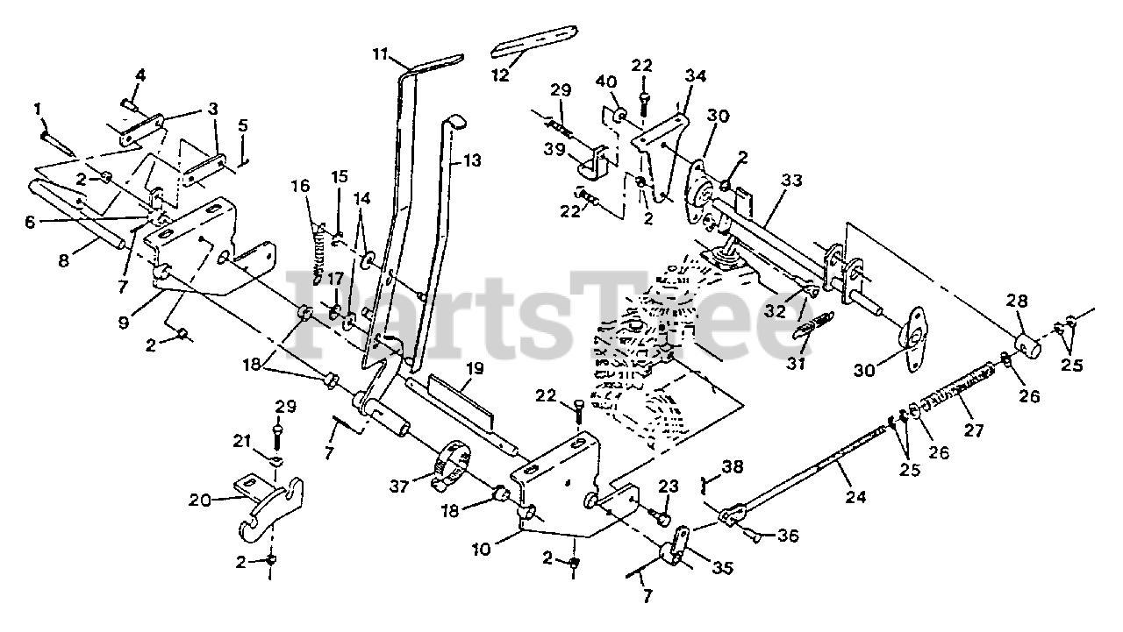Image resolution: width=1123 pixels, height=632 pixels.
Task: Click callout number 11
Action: (379, 54)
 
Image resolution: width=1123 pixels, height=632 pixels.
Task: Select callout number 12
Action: (499, 75)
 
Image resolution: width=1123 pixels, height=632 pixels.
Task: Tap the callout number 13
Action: (472, 161)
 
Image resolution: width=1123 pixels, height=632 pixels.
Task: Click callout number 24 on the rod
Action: (855, 497)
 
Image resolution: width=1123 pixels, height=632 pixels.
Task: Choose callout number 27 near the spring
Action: (974, 430)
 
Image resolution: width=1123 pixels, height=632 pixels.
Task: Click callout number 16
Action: (301, 186)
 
